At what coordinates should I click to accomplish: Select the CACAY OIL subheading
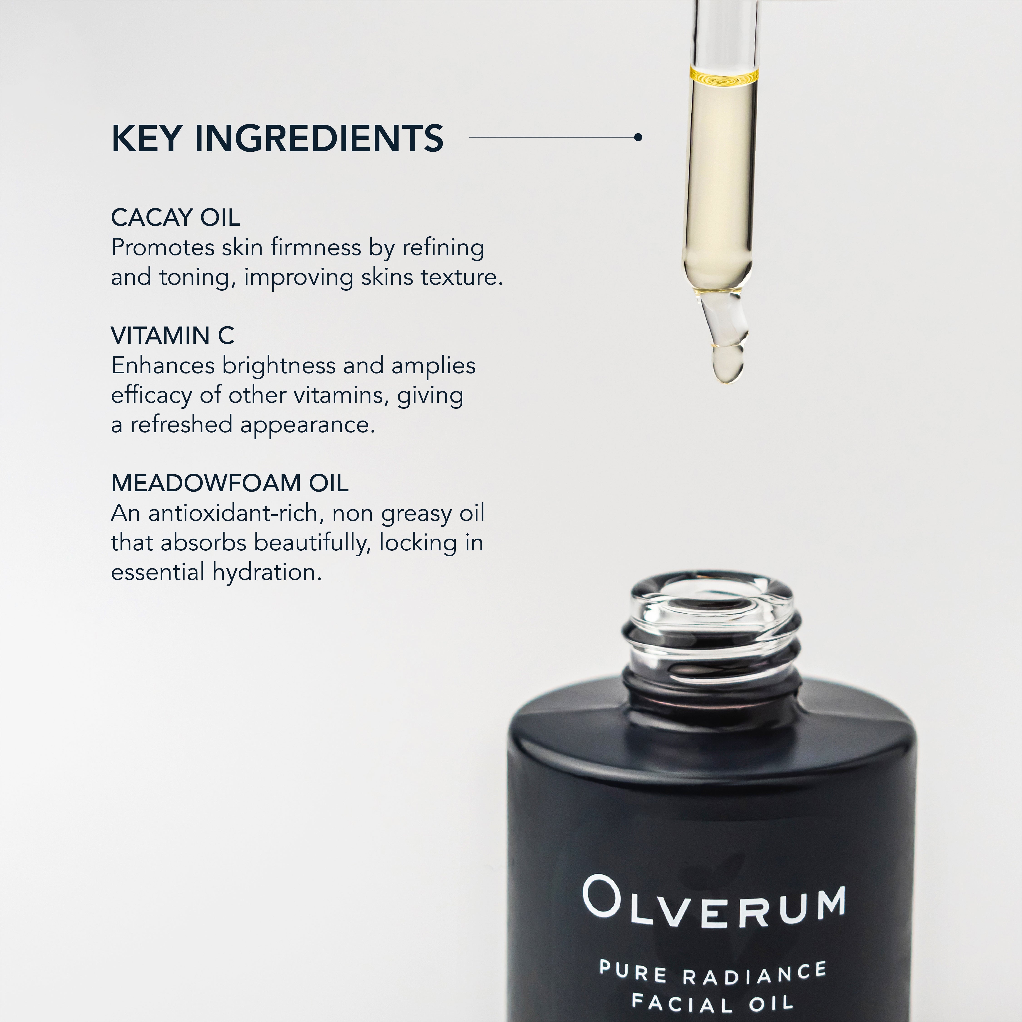tap(175, 218)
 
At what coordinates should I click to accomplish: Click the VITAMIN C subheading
tap(172, 335)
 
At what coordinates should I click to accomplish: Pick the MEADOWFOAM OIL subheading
tap(230, 483)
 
